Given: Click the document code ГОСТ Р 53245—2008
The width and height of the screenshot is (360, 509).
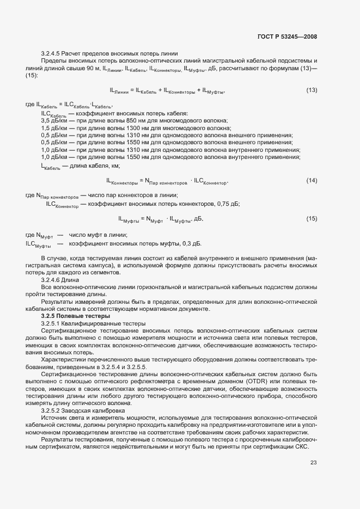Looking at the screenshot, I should click(286, 36).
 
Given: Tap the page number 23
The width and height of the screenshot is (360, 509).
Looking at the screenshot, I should click(313, 463).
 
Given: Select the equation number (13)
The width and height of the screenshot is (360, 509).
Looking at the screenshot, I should click(312, 90).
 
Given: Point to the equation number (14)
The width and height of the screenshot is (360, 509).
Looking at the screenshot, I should click(312, 180).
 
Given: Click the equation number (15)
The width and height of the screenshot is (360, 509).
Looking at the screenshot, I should click(312, 218).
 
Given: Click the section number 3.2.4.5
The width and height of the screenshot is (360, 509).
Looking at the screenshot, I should click(51, 53).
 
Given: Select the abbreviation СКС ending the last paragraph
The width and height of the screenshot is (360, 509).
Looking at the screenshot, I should click(302, 446).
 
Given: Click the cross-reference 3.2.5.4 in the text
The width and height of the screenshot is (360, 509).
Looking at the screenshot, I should click(130, 367).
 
